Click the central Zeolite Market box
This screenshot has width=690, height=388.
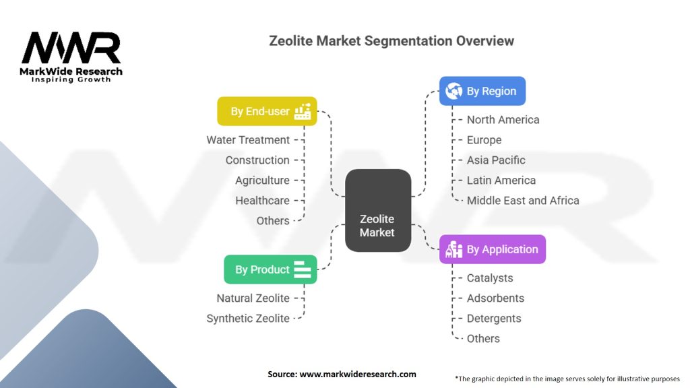377,210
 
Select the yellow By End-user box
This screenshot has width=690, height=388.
267,111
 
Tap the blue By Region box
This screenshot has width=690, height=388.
482,91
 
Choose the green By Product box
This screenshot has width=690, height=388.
270,269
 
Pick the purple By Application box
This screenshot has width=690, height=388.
492,249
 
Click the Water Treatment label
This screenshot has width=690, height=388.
248,140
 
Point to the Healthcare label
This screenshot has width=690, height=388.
262,201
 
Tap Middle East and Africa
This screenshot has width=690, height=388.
523,201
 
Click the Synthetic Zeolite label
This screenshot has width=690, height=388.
248,319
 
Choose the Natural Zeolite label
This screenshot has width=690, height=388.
253,298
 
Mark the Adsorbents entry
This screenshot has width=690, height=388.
495,298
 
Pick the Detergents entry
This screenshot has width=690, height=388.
494,319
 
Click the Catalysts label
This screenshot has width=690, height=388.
490,278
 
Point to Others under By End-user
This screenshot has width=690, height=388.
273,221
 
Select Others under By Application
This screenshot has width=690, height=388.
483,339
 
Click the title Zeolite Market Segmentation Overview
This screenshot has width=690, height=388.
391,40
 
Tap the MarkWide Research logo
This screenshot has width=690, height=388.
71,57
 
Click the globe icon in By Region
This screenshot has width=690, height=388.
454,91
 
